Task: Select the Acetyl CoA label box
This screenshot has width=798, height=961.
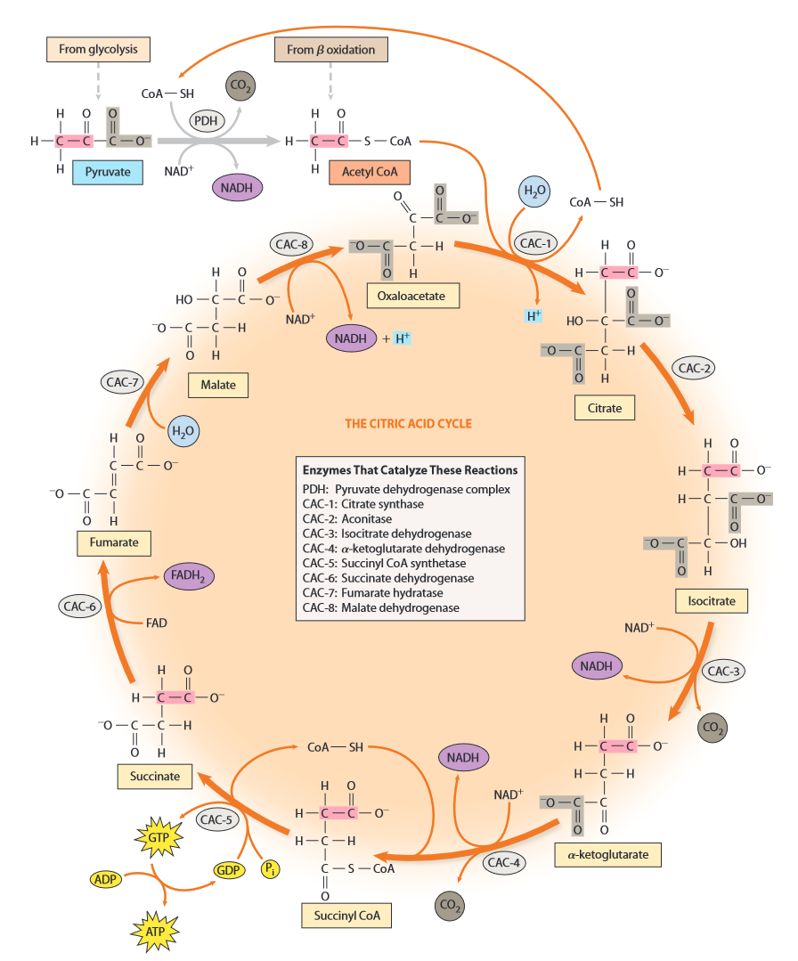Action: (x=369, y=171)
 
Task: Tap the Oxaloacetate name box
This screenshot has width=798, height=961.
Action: (x=412, y=296)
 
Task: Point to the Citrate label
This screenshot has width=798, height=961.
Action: (x=605, y=409)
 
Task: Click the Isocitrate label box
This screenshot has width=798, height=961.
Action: (x=712, y=601)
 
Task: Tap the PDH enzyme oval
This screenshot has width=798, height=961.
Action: (x=210, y=118)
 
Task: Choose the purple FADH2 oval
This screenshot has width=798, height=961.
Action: (x=188, y=576)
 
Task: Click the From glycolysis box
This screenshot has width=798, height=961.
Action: (x=98, y=49)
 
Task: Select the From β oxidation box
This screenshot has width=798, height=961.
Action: (x=330, y=50)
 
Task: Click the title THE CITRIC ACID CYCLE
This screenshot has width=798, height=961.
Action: (x=408, y=423)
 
